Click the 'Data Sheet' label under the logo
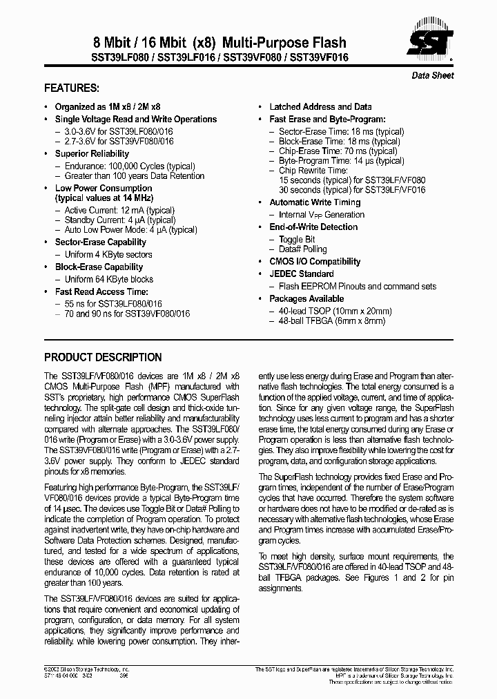pyautogui.click(x=433, y=75)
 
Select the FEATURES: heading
pyautogui.click(x=71, y=88)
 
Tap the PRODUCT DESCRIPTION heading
pyautogui.click(x=103, y=358)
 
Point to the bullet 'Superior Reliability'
pyautogui.click(x=92, y=154)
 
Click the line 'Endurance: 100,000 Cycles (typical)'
pyautogui.click(x=130, y=166)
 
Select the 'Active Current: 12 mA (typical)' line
pyautogui.click(x=119, y=210)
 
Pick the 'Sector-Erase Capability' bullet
pyautogui.click(x=100, y=242)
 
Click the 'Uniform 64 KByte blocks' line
pyautogui.click(x=109, y=280)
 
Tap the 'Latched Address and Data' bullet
pyautogui.click(x=320, y=107)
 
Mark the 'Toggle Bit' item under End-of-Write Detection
pyautogui.click(x=297, y=240)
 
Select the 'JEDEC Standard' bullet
pyautogui.click(x=301, y=274)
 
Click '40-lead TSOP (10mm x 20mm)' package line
pyautogui.click(x=335, y=311)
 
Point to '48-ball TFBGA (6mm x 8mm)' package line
pyautogui.click(x=332, y=320)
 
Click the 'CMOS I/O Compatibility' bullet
pyautogui.click(x=315, y=262)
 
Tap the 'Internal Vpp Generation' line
pyautogui.click(x=322, y=215)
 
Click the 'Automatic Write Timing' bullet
pyautogui.click(x=315, y=202)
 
